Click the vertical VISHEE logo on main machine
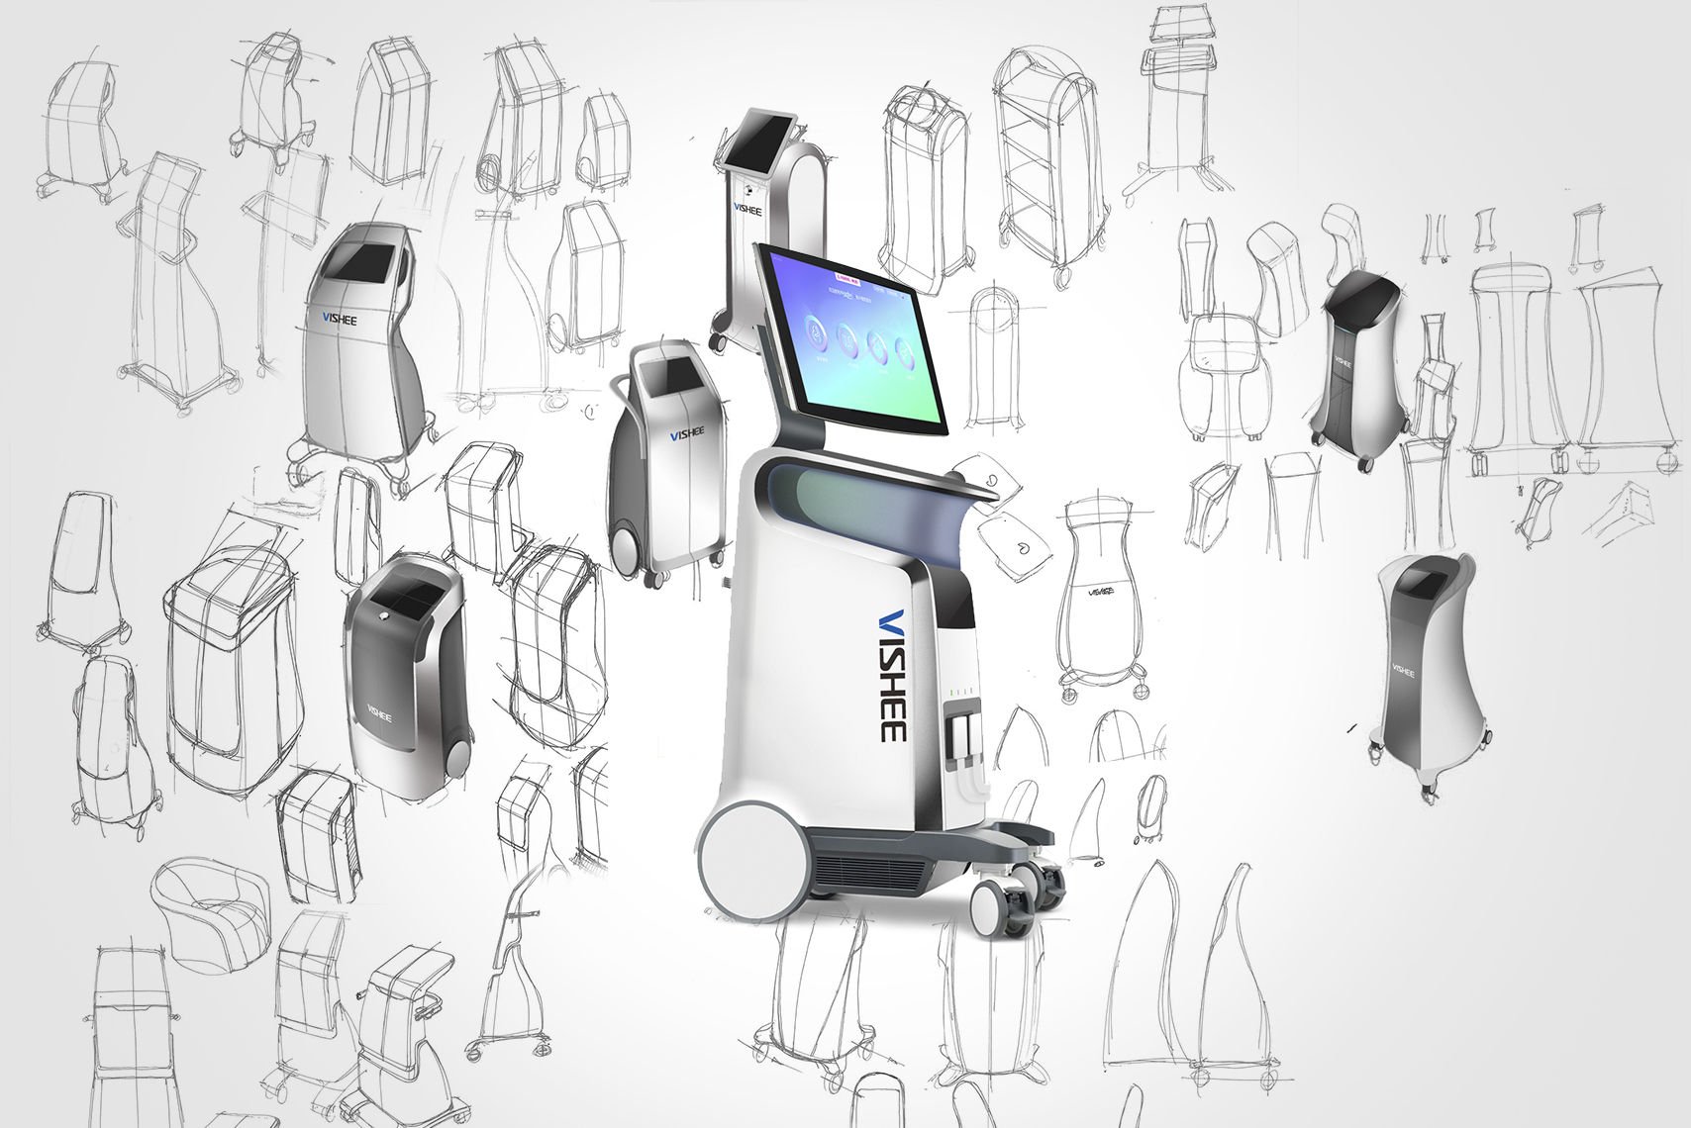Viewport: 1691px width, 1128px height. tap(892, 675)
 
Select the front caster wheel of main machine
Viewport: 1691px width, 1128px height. tap(993, 909)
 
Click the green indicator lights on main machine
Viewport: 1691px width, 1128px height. tap(961, 692)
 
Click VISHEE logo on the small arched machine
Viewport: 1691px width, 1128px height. tap(747, 209)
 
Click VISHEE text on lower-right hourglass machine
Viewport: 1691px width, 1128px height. tap(1403, 671)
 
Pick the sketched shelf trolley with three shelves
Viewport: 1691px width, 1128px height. tap(1048, 158)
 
